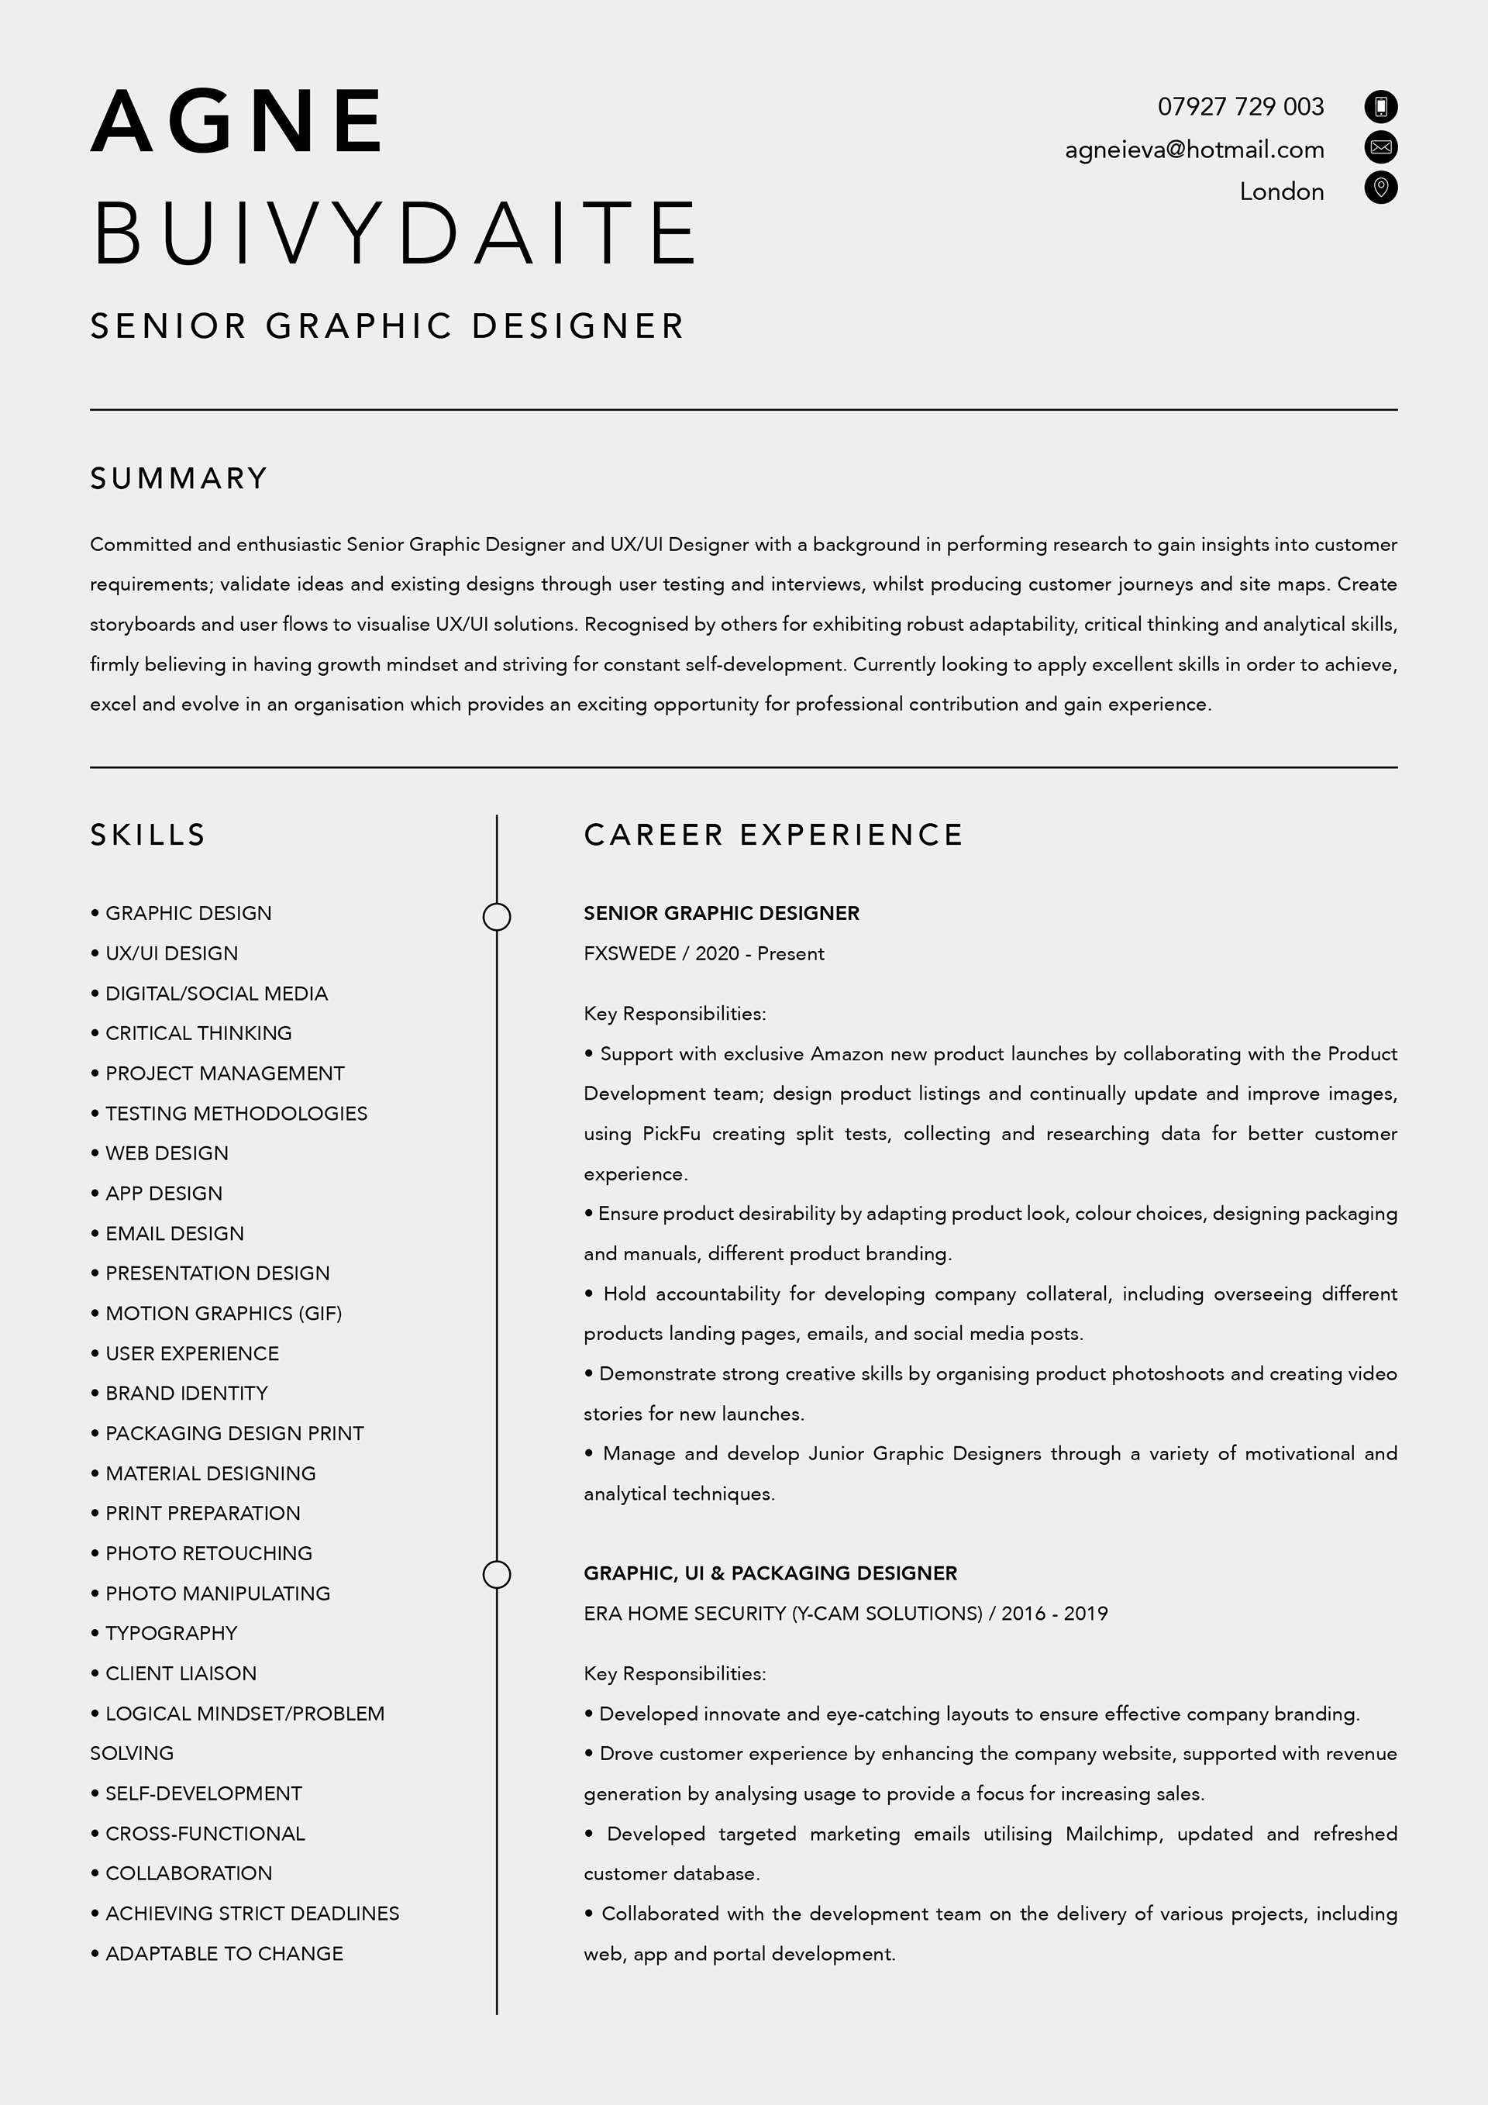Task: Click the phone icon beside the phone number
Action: click(1381, 106)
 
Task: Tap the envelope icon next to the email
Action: click(1381, 146)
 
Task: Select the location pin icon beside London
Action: click(1381, 188)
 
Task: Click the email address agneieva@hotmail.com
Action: click(1193, 150)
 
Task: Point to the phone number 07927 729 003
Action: click(1241, 107)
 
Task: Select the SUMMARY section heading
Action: click(179, 478)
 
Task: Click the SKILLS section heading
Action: click(147, 835)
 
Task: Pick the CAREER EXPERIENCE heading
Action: click(773, 835)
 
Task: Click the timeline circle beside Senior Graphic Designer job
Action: click(497, 917)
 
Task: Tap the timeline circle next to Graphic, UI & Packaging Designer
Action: click(497, 1574)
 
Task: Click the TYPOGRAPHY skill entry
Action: click(170, 1633)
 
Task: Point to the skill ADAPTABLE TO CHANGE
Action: click(224, 1953)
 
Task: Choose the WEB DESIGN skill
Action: click(166, 1153)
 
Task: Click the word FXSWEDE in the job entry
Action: click(629, 953)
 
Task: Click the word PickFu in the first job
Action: click(671, 1134)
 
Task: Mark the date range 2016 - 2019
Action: click(1054, 1614)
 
